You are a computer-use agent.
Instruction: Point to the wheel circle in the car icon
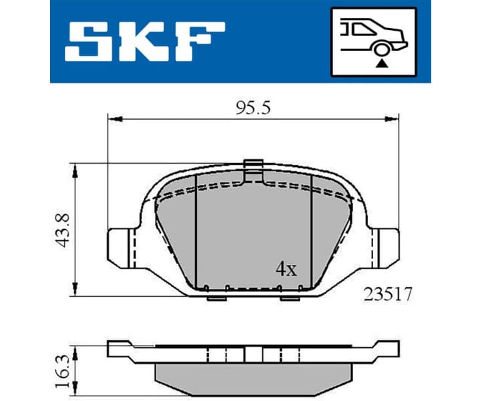click(x=381, y=48)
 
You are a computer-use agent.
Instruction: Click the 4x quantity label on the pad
click(x=286, y=269)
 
